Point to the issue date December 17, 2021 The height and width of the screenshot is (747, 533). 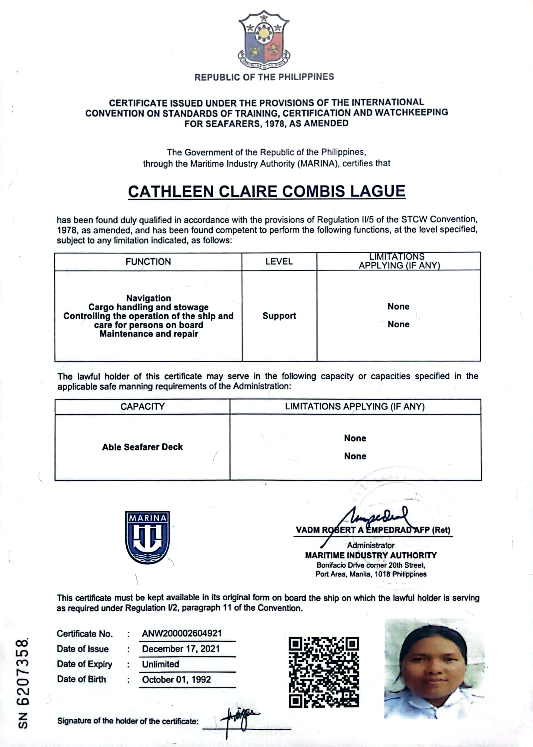pyautogui.click(x=180, y=648)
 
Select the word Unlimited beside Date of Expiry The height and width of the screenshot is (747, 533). pyautogui.click(x=160, y=664)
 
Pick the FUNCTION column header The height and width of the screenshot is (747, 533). pyautogui.click(x=148, y=261)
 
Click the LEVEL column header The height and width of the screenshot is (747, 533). pyautogui.click(x=279, y=261)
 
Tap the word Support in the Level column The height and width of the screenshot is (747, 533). pyautogui.click(x=279, y=316)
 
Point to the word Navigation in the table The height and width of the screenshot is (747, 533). pyautogui.click(x=149, y=298)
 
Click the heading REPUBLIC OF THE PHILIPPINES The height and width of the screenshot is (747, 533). pyautogui.click(x=264, y=77)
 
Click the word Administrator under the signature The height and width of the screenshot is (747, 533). pyautogui.click(x=371, y=545)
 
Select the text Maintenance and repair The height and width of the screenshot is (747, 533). pyautogui.click(x=149, y=334)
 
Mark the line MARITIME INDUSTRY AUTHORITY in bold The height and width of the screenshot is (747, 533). pyautogui.click(x=371, y=555)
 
